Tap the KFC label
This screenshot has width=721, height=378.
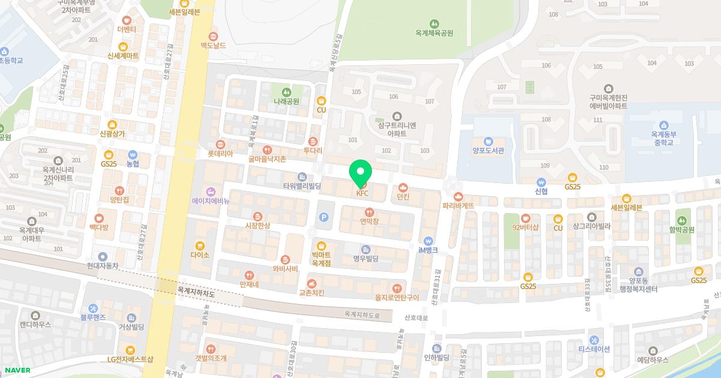click(362, 193)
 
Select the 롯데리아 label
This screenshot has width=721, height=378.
click(220, 154)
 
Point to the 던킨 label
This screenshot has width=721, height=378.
click(403, 196)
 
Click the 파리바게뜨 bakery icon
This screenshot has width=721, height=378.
click(458, 196)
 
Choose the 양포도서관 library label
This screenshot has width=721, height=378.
click(487, 151)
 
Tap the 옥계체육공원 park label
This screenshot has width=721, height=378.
click(434, 33)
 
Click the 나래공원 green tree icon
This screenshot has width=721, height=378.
click(287, 92)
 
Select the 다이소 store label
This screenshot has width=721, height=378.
click(199, 254)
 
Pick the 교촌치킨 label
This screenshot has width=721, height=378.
click(311, 293)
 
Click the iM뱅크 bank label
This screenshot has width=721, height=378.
click(428, 250)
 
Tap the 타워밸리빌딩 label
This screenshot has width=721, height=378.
click(302, 186)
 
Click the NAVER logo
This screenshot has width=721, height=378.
click(17, 370)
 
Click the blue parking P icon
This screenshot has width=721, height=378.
click(324, 218)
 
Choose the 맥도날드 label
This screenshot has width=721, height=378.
click(213, 46)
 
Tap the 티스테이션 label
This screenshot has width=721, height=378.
click(594, 349)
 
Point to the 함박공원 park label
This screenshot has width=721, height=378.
click(681, 229)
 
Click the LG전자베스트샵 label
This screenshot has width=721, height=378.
click(130, 359)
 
